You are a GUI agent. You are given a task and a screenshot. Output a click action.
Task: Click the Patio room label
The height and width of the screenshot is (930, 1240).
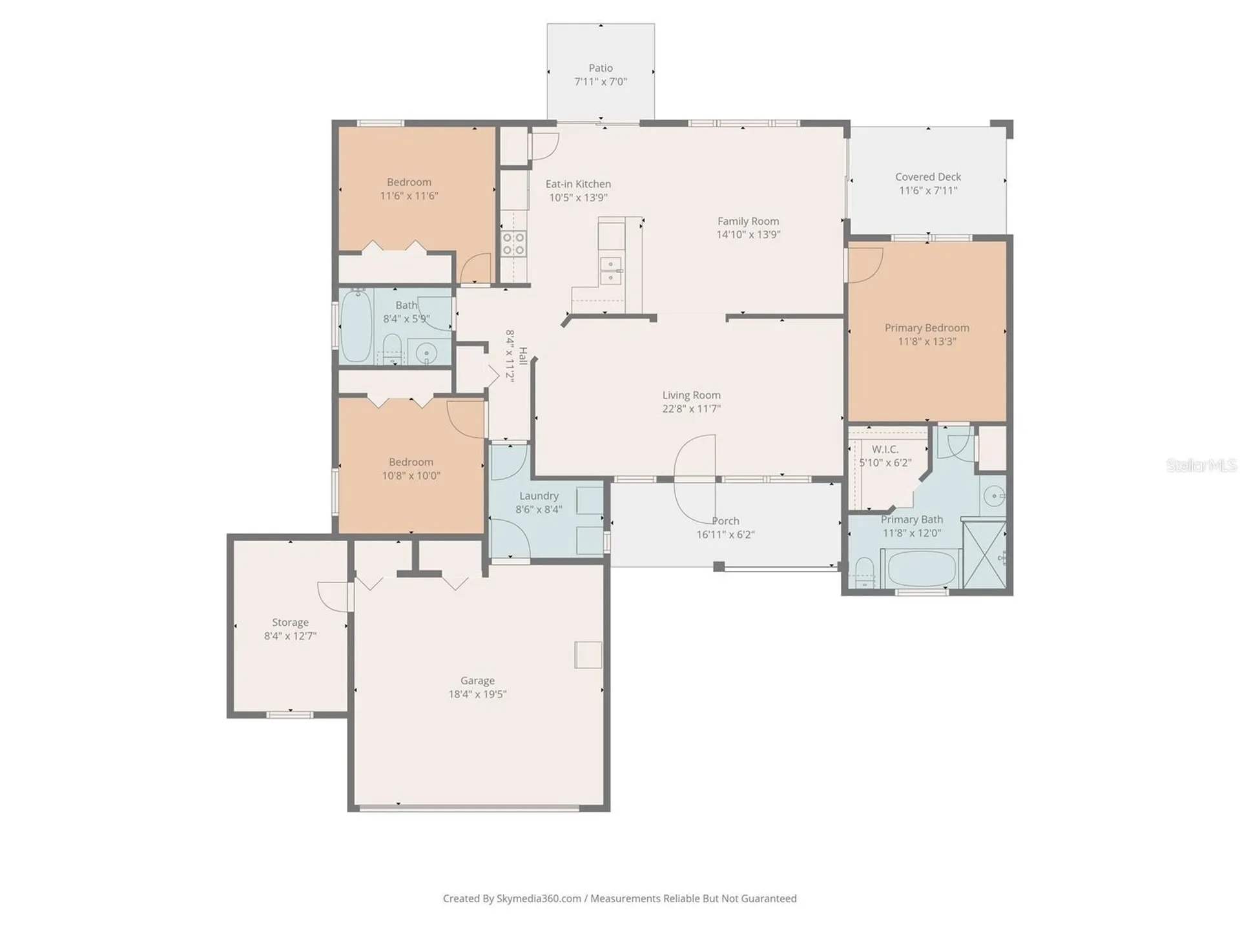(601, 68)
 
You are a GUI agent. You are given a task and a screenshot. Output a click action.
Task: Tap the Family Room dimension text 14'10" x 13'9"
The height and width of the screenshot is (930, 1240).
(748, 234)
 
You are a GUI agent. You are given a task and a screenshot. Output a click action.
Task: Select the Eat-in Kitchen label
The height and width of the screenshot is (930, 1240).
(578, 184)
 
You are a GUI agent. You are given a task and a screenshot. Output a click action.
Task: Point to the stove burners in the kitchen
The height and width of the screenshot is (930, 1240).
(513, 244)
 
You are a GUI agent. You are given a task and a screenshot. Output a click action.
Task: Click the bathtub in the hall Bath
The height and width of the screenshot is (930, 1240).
(356, 326)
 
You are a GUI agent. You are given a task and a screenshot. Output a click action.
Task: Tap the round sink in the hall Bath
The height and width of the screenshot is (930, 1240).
(426, 354)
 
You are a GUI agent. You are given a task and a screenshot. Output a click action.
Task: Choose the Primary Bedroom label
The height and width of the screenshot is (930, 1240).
(927, 328)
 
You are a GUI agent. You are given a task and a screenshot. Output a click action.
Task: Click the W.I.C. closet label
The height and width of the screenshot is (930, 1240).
(885, 449)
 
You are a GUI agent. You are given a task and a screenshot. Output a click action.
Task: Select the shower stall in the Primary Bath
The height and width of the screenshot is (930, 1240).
(984, 555)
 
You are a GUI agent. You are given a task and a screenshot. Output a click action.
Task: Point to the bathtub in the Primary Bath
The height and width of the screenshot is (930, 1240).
(922, 568)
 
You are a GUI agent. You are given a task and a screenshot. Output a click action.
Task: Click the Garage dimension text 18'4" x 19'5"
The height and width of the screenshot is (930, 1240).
(477, 694)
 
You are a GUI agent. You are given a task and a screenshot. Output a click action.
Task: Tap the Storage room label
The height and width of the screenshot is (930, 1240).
(290, 623)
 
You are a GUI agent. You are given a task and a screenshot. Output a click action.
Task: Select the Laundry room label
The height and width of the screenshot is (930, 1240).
(539, 496)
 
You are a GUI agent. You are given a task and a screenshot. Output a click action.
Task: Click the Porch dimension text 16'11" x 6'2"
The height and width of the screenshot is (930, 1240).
(725, 535)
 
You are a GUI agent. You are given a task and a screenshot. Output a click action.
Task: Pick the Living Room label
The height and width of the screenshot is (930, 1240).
(691, 395)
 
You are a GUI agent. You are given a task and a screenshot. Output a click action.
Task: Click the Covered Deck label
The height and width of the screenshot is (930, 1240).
(928, 177)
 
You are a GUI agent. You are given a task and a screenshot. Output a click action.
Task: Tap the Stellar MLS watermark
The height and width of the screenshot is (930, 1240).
(1201, 465)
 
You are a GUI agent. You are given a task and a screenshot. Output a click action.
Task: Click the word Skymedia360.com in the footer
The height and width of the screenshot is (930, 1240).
(539, 898)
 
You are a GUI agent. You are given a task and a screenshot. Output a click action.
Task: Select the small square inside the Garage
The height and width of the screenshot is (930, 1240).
(588, 655)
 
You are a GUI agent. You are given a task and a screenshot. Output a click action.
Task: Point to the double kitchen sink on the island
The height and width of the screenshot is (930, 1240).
(610, 271)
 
